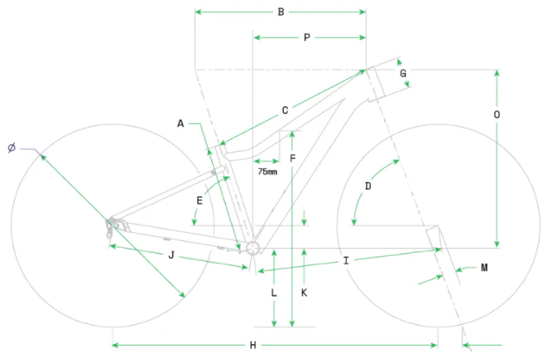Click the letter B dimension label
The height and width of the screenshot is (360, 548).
coord(280,12)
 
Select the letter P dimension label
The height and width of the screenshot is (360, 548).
coord(307,37)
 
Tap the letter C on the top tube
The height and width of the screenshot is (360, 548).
coord(285,111)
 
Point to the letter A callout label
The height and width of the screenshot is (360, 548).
coord(180,123)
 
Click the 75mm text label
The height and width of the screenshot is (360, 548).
coord(268,171)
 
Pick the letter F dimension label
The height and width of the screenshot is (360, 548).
coord(293,159)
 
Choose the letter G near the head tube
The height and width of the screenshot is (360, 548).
coord(403,73)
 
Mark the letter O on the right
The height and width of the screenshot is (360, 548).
coord(496,115)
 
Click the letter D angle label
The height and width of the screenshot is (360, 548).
coord(368,186)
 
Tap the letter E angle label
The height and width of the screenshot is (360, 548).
coord(200,200)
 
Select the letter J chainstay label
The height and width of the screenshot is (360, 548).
coord(171,255)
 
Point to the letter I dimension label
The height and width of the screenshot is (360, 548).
coord(346,261)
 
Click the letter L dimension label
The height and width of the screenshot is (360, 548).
coord(274,293)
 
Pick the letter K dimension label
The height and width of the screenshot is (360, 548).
coord(304,293)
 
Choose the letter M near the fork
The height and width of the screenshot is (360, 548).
coord(484,268)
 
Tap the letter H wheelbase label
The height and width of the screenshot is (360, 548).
coord(253,345)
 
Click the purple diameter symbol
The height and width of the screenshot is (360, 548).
coord(12,148)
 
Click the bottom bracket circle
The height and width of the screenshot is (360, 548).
coord(253,249)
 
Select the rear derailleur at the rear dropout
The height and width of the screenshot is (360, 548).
coord(111,228)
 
